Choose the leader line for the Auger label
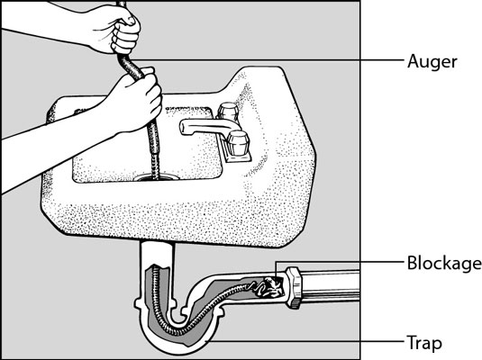(270, 60)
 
